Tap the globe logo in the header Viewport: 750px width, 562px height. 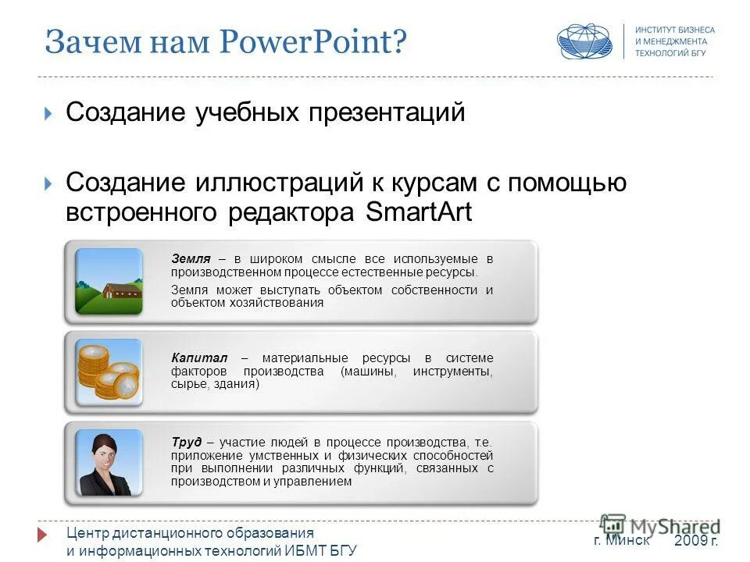click(x=584, y=41)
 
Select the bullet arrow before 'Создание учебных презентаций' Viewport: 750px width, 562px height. click(x=49, y=114)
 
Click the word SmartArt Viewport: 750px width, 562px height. click(x=419, y=212)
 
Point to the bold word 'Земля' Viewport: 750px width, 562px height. click(x=190, y=258)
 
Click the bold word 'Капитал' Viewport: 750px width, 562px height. click(x=195, y=357)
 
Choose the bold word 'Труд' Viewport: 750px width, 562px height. click(x=186, y=441)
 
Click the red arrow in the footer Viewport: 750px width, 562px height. click(x=44, y=535)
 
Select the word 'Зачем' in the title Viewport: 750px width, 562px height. click(x=84, y=41)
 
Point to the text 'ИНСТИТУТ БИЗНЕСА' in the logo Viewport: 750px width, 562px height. click(x=674, y=30)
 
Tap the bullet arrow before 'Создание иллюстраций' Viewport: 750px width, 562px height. click(x=49, y=184)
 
